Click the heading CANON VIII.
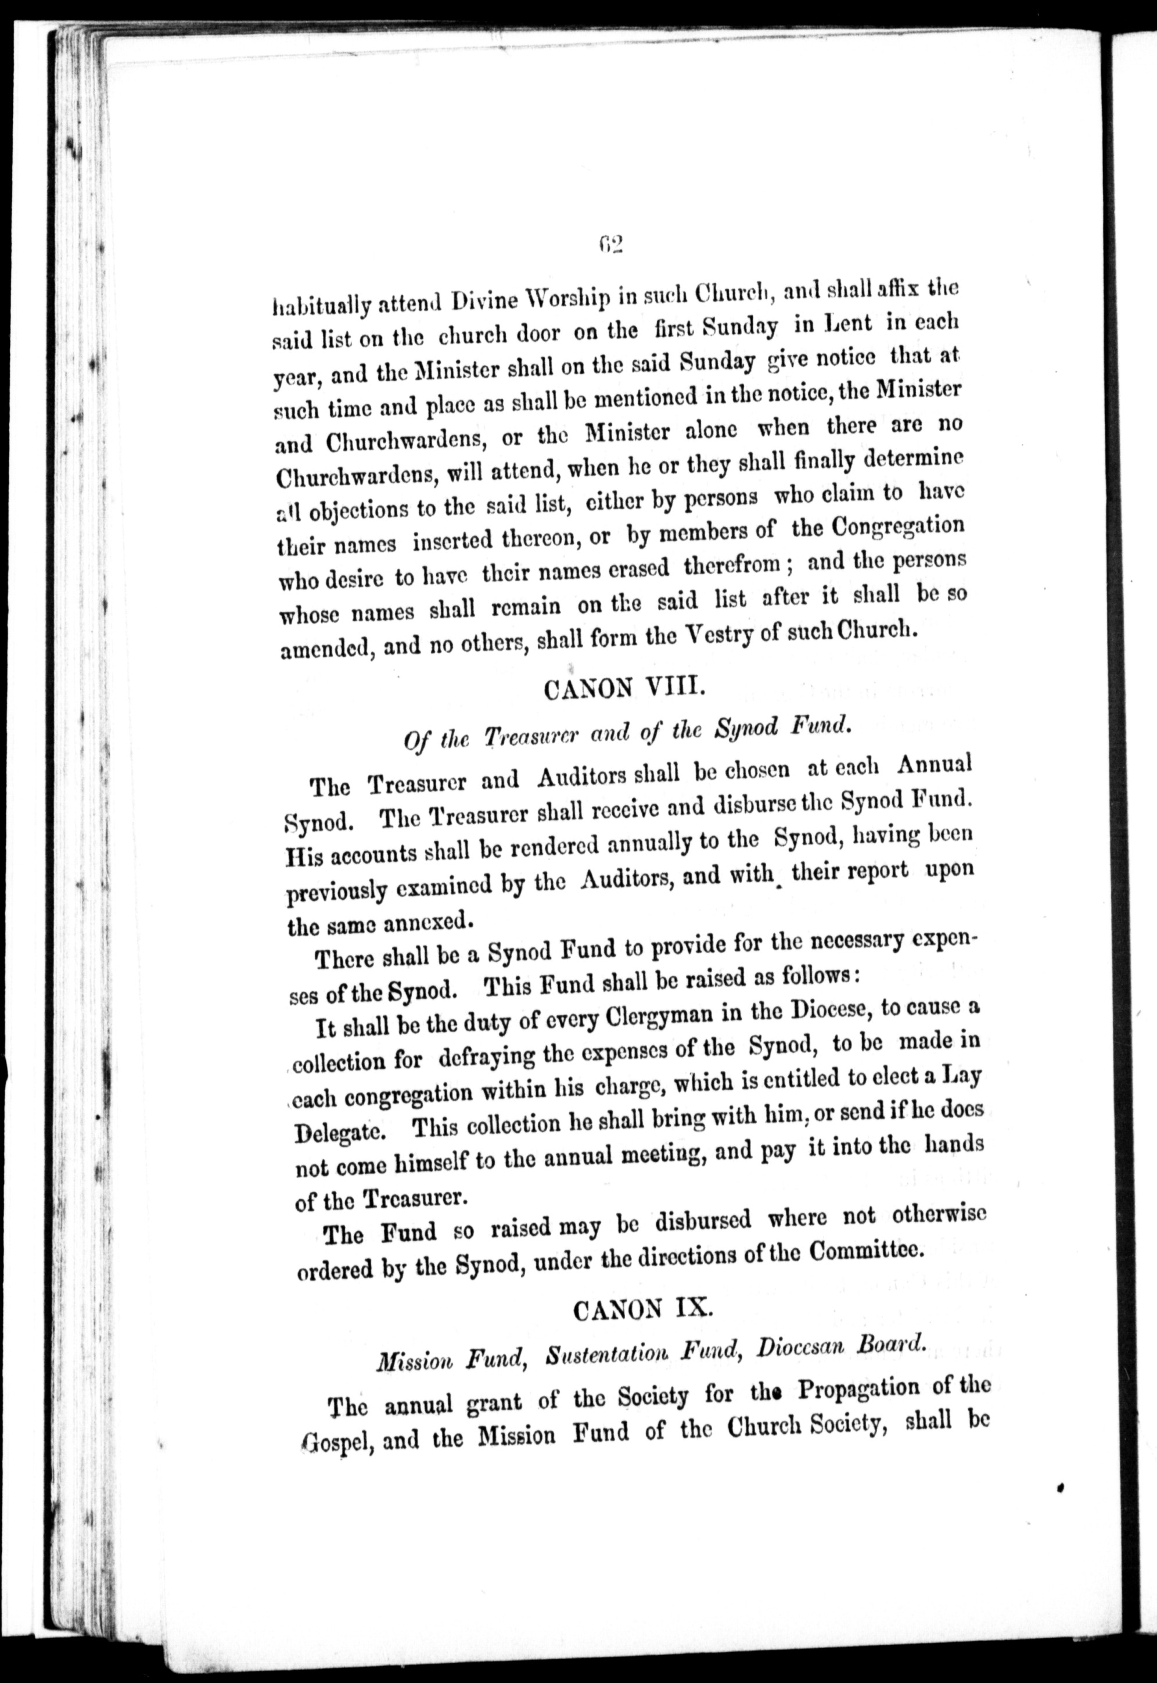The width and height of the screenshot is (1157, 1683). pos(623,687)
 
